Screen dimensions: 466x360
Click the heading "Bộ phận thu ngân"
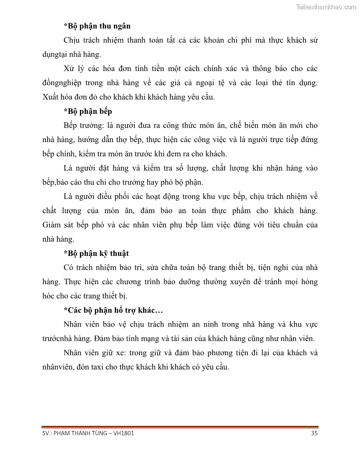(97, 26)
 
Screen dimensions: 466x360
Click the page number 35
(314, 433)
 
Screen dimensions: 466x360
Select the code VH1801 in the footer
(124, 433)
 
